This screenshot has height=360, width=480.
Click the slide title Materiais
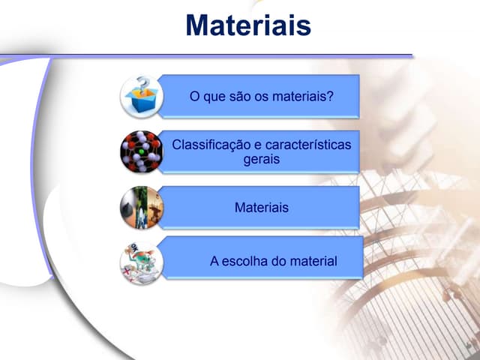[248, 25]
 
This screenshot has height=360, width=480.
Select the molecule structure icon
[141, 152]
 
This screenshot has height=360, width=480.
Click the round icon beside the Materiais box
[141, 207]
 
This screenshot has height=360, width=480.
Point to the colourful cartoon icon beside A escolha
[141, 262]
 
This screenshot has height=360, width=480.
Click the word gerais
[262, 159]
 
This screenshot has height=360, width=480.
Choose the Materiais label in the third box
[262, 207]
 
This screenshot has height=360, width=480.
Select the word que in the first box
[208, 97]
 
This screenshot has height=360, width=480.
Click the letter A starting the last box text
[214, 262]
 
